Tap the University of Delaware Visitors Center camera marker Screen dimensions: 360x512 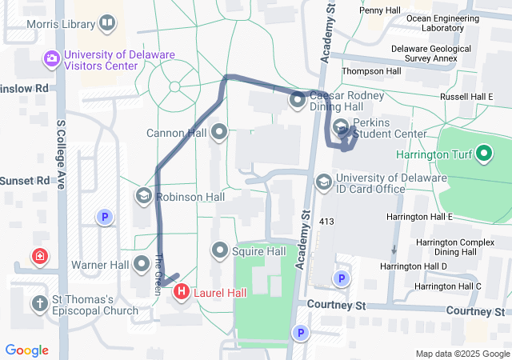pyautogui.click(x=52, y=58)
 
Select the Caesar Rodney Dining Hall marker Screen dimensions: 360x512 pyautogui.click(x=298, y=100)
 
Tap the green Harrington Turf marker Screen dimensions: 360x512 pyautogui.click(x=484, y=153)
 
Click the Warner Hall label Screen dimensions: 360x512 pyautogui.click(x=100, y=264)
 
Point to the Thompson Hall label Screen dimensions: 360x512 pyautogui.click(x=371, y=71)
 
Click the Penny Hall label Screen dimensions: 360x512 pyautogui.click(x=380, y=10)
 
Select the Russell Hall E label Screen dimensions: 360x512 pyautogui.click(x=466, y=97)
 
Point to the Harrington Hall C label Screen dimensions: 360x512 pyautogui.click(x=447, y=286)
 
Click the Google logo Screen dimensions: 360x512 pyautogui.click(x=27, y=350)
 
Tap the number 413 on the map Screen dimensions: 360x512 pyautogui.click(x=326, y=220)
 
